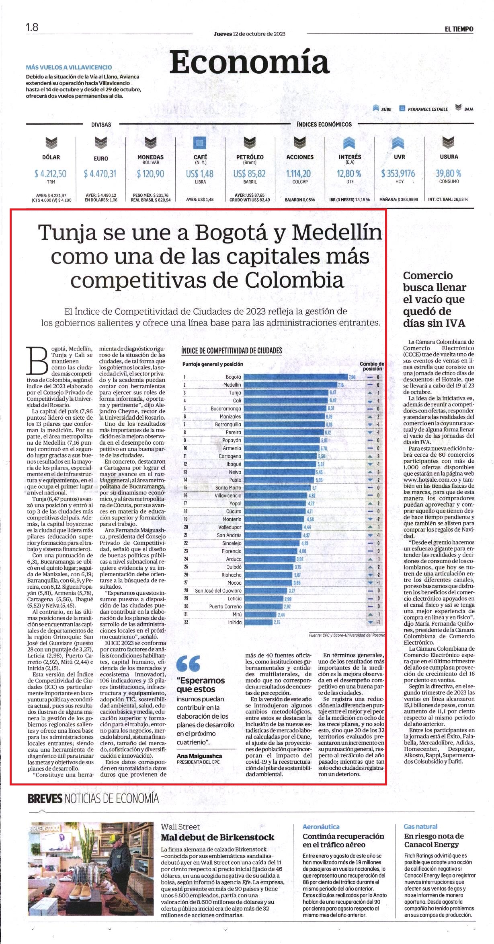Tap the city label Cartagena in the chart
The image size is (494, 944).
click(x=230, y=456)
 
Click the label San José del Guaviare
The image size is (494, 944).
click(x=218, y=591)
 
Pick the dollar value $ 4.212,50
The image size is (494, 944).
click(x=51, y=174)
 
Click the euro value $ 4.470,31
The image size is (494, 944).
click(x=100, y=174)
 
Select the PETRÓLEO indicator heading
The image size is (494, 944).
click(x=250, y=157)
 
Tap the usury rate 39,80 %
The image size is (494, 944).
click(x=448, y=173)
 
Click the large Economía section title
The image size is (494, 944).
click(x=249, y=62)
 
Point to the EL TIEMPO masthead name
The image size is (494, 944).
click(x=459, y=29)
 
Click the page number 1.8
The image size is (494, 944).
click(x=32, y=28)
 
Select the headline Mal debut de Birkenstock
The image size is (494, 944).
click(x=217, y=837)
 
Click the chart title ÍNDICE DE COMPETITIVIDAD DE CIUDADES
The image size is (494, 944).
click(x=232, y=350)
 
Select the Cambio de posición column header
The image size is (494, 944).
click(x=372, y=366)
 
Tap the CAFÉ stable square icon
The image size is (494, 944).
click(x=200, y=143)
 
